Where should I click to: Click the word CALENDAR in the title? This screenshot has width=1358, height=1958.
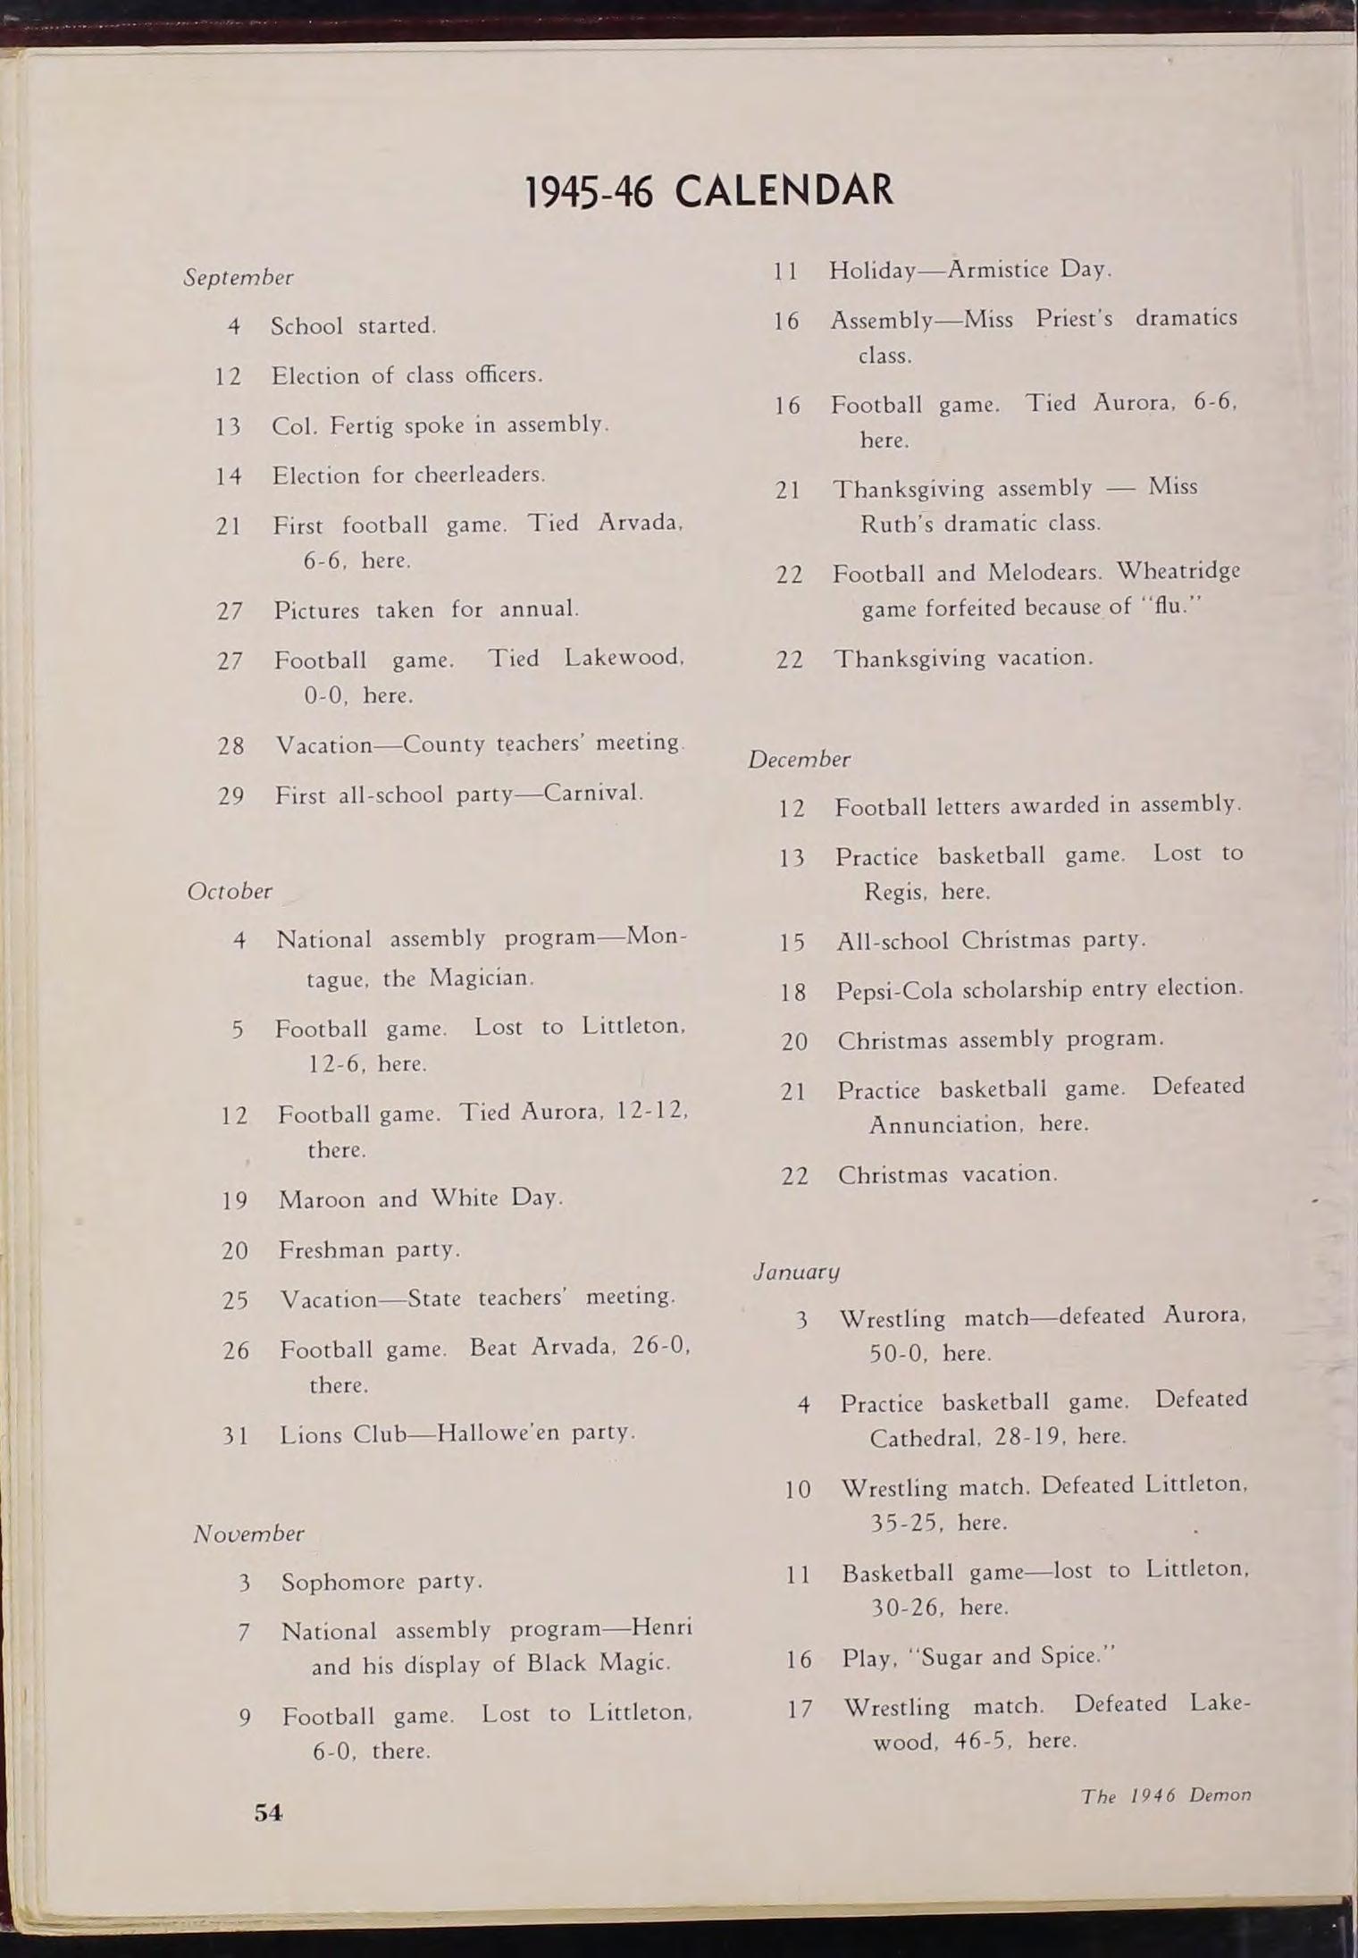pos(784,190)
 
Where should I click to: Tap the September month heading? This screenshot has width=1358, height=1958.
pos(239,277)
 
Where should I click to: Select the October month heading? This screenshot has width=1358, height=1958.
pos(230,891)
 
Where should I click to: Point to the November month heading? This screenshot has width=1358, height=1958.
pos(248,1534)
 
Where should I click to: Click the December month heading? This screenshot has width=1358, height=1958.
pos(799,760)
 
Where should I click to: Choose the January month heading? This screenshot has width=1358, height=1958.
pos(796,1271)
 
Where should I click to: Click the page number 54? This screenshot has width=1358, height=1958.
pos(268,1811)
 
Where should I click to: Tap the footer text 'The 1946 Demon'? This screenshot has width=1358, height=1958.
pos(1165,1795)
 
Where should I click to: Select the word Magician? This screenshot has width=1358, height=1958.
pos(481,978)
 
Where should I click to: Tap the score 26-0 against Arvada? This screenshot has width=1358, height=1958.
pos(660,1346)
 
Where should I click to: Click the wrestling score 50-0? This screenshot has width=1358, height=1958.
pos(896,1354)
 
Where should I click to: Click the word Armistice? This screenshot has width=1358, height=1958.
pos(998,269)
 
